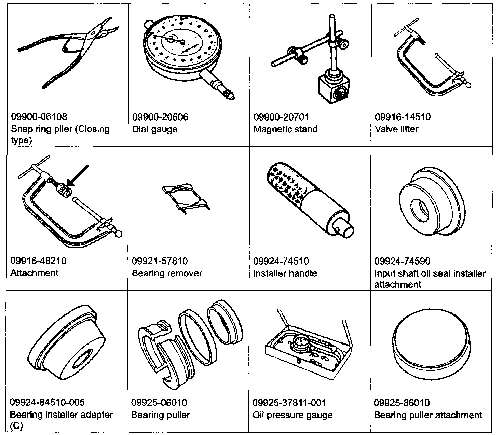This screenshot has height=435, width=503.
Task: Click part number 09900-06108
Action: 39,117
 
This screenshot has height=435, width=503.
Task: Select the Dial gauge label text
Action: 155,129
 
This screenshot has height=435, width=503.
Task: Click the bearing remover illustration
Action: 186,199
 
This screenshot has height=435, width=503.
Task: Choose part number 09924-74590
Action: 402,261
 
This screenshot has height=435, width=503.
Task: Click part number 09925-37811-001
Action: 289,403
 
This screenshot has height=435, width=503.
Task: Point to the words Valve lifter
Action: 396,129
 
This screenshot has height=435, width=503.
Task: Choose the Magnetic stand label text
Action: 285,129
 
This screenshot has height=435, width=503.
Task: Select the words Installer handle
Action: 285,273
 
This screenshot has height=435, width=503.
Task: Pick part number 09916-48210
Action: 38,261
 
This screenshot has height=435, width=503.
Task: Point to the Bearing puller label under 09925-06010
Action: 160,415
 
